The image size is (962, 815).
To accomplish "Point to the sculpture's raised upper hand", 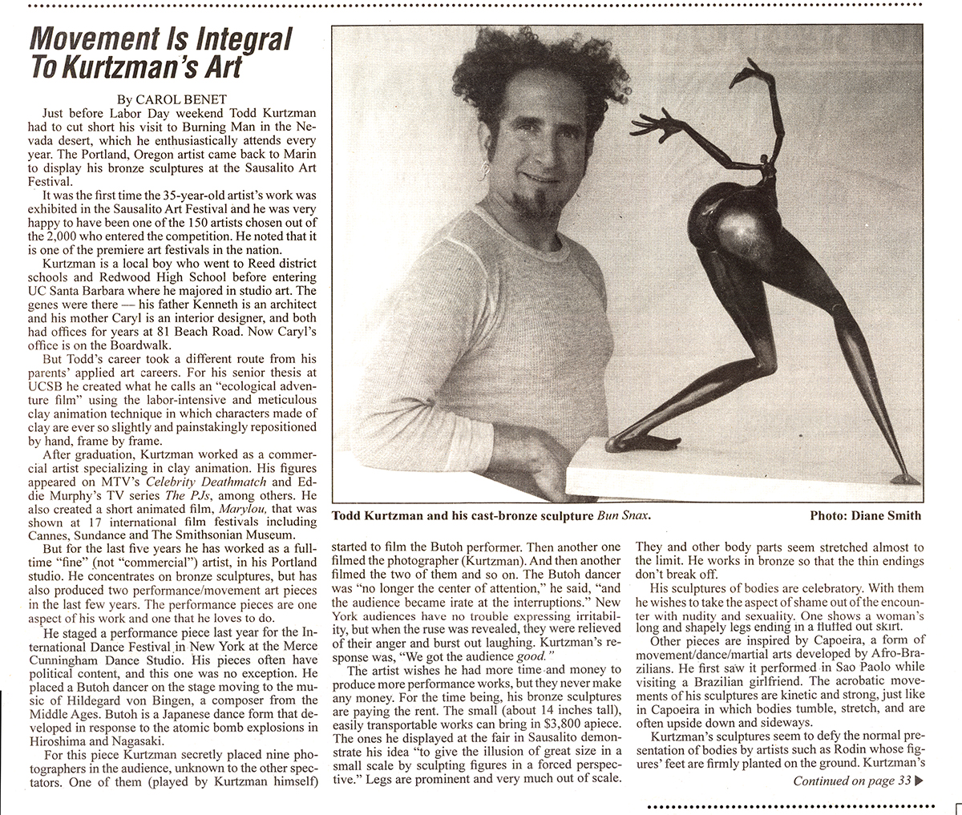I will [x=753, y=76].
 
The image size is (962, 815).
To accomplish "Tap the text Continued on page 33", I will [x=851, y=781].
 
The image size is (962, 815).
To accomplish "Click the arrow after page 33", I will [x=919, y=782].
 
